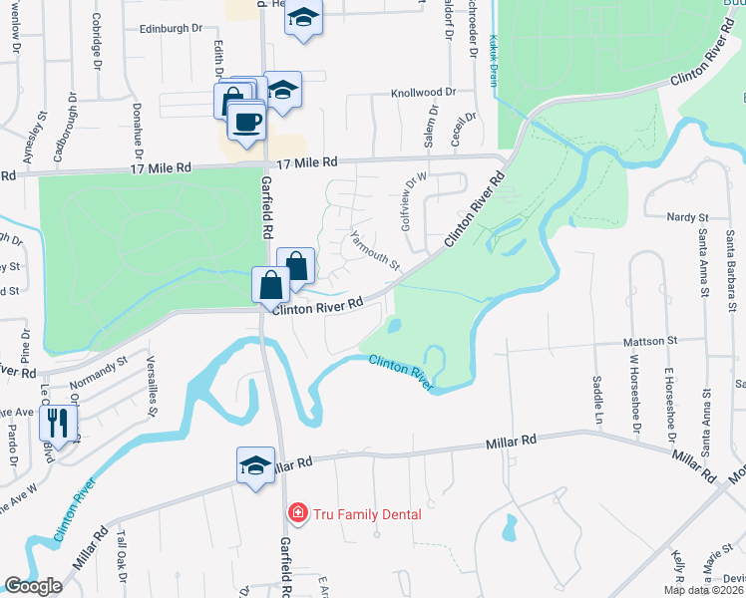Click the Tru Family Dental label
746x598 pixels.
point(368,514)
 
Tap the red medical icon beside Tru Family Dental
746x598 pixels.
point(296,514)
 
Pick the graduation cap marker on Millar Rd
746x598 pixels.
point(255,465)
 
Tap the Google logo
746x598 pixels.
point(33,586)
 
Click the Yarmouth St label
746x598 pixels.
point(375,251)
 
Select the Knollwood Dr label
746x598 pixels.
point(422,91)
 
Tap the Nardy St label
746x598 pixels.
point(688,216)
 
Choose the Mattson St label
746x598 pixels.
point(650,341)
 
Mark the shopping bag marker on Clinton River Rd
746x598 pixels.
point(271,286)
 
